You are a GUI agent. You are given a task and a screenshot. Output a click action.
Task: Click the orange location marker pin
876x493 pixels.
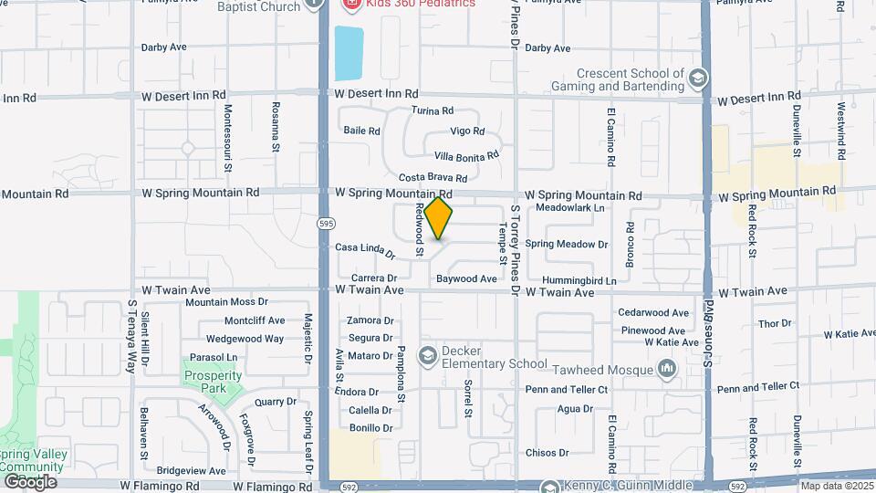[439, 218]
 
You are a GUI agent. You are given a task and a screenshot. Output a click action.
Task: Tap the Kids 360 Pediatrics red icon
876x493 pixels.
[350, 4]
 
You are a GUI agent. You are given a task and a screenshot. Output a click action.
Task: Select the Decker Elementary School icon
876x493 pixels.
[427, 354]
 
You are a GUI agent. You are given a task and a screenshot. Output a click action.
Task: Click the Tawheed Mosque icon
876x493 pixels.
[668, 369]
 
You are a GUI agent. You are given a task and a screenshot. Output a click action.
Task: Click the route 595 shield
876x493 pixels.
[325, 223]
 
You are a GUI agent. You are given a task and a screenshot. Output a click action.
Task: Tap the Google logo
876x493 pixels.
[30, 481]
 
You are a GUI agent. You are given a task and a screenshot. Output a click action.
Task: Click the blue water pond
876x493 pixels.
[349, 53]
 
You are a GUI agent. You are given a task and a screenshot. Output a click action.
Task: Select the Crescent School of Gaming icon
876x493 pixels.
[698, 78]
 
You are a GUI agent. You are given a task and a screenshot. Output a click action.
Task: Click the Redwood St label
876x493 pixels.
[420, 227]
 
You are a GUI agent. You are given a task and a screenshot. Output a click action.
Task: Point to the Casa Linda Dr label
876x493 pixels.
[364, 248]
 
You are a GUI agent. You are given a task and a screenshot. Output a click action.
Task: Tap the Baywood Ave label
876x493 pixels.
[466, 278]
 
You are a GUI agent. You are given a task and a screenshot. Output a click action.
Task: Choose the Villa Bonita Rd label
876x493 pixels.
[466, 156]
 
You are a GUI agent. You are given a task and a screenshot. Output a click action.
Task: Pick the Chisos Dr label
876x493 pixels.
[547, 452]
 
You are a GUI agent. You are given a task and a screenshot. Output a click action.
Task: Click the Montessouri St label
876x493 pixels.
[228, 137]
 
